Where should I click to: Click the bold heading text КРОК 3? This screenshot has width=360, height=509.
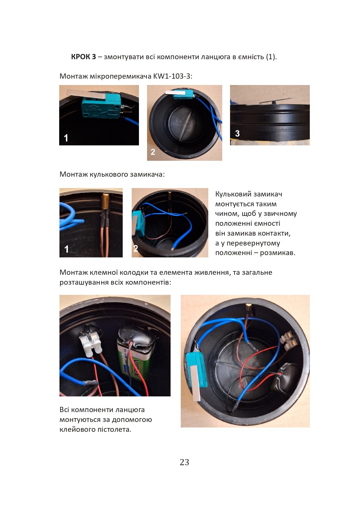pyautogui.click(x=83, y=57)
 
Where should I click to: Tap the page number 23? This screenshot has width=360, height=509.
pyautogui.click(x=184, y=462)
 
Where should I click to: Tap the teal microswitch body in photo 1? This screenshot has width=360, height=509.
pyautogui.click(x=101, y=106)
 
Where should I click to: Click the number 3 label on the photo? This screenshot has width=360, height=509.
pyautogui.click(x=237, y=133)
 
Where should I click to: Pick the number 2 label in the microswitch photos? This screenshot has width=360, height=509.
pyautogui.click(x=153, y=152)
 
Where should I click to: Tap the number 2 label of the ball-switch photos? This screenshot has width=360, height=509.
pyautogui.click(x=135, y=248)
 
